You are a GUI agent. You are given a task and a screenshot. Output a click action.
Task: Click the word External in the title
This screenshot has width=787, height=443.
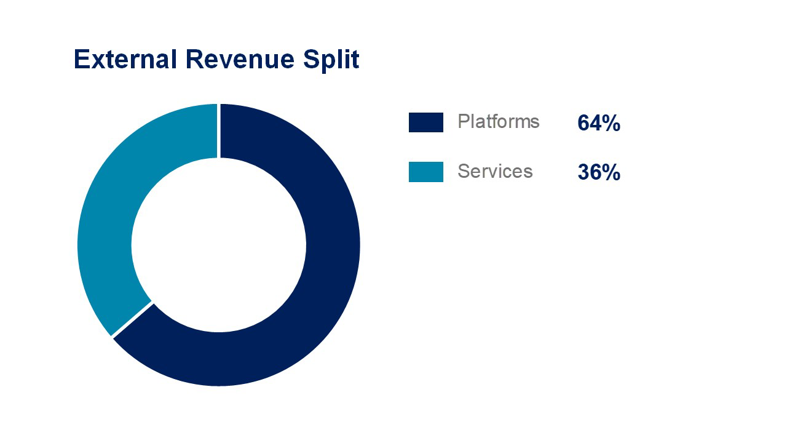(x=125, y=60)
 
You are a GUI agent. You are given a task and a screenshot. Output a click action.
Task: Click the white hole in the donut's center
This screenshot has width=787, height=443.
(x=218, y=245)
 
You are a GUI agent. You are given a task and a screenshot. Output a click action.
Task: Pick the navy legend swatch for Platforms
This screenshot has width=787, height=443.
(x=425, y=122)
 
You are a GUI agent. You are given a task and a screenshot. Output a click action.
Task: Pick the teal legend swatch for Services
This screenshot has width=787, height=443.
(x=425, y=172)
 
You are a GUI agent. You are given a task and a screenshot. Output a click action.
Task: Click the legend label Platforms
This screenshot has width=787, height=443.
(x=498, y=122)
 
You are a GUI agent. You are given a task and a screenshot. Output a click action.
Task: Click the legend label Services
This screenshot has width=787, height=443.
(x=495, y=171)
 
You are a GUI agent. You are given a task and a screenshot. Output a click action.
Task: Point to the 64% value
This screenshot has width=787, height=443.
(x=598, y=124)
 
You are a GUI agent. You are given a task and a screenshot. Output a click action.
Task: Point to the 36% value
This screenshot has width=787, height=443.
(x=598, y=173)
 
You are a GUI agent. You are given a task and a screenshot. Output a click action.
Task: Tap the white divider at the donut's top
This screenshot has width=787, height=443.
(x=219, y=130)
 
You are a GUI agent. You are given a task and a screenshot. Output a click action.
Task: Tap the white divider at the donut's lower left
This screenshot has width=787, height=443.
(x=132, y=319)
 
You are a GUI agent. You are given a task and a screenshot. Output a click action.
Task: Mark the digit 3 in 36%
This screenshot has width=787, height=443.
(x=583, y=173)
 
